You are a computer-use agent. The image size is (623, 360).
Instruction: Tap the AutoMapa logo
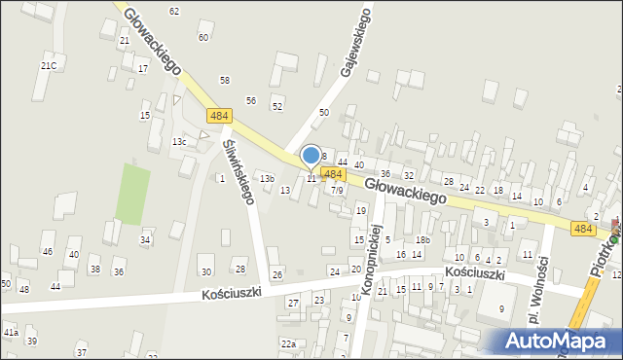pos(559,341)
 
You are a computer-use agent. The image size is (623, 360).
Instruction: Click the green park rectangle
pos(132,194)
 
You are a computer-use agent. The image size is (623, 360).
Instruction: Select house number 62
pos(174,11)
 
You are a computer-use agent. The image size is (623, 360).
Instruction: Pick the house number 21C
pos(49,65)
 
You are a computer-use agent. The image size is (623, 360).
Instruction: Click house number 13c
pos(179,142)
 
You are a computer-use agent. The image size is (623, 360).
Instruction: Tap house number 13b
pos(267,178)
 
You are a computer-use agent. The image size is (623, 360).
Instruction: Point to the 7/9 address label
pos(337,191)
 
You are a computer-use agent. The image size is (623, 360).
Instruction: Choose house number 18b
pos(422,239)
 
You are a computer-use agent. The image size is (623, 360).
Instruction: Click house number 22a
pos(288,343)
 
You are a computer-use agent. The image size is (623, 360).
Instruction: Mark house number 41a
pos(11,333)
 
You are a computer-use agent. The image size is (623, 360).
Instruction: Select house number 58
pos(225,80)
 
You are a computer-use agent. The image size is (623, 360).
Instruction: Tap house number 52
pos(277,106)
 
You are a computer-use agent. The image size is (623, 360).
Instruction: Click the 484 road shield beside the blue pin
pos(333,174)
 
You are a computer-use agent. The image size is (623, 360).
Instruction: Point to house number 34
pos(145,239)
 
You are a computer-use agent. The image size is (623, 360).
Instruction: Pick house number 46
pos(47,252)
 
